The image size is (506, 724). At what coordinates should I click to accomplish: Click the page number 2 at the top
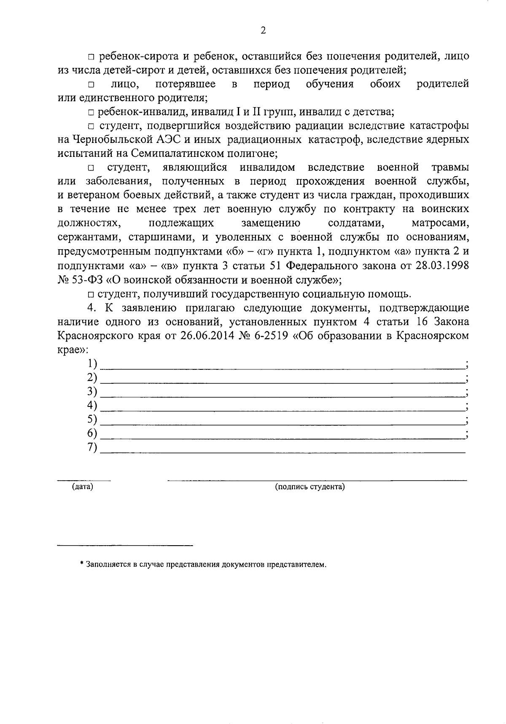tap(263, 30)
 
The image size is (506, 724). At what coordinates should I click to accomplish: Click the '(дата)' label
tap(83, 487)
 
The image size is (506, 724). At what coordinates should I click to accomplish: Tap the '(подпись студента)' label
tap(310, 487)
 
